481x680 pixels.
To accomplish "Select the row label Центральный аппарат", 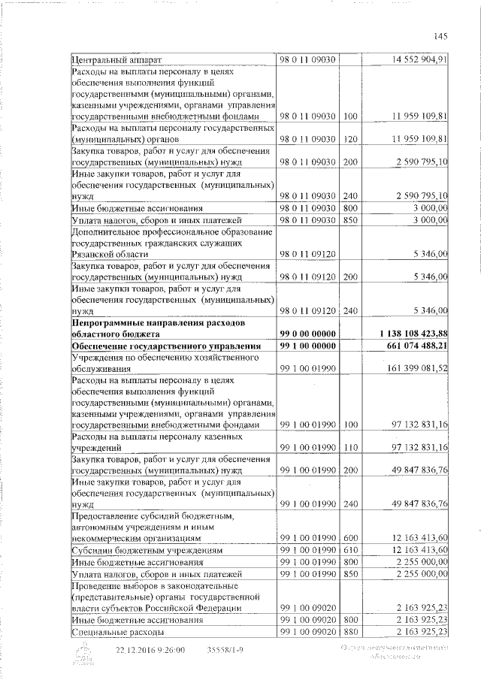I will tap(116, 59).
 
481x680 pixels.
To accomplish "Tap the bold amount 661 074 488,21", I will tap(416, 346).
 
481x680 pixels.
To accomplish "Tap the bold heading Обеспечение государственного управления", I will tap(165, 346).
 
